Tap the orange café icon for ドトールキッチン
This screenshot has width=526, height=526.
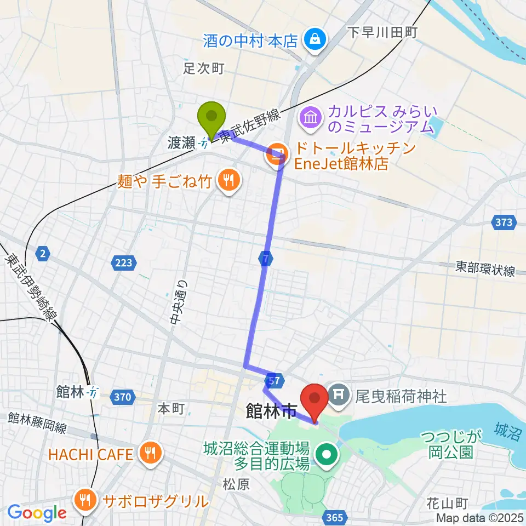276,155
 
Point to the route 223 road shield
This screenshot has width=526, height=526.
123,263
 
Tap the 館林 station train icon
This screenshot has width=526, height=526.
94,393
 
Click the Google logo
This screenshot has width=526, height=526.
37,512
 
